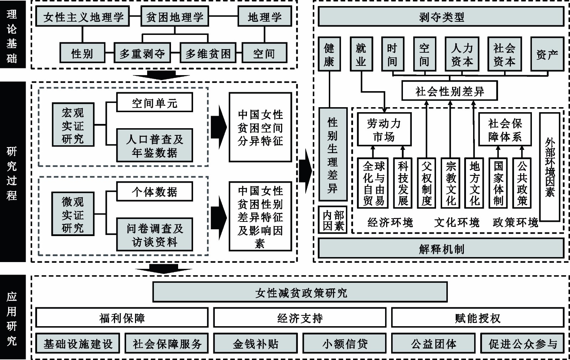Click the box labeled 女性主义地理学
[x=83, y=17]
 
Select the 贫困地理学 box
[x=175, y=17]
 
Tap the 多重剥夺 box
[x=142, y=54]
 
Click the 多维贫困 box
[x=208, y=54]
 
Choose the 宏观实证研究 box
[x=73, y=125]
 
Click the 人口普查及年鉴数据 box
[x=155, y=146]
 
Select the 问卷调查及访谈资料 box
[x=155, y=235]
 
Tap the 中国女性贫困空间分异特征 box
[x=260, y=127]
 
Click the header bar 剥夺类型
[x=441, y=17]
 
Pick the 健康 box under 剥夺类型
[x=329, y=54]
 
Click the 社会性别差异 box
[x=450, y=92]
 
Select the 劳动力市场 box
[x=384, y=130]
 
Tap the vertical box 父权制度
[x=426, y=183]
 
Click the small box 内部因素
[x=333, y=220]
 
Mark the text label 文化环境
[x=457, y=223]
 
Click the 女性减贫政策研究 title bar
[x=300, y=292]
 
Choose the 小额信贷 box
[x=345, y=343]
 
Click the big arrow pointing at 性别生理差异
[x=306, y=171]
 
